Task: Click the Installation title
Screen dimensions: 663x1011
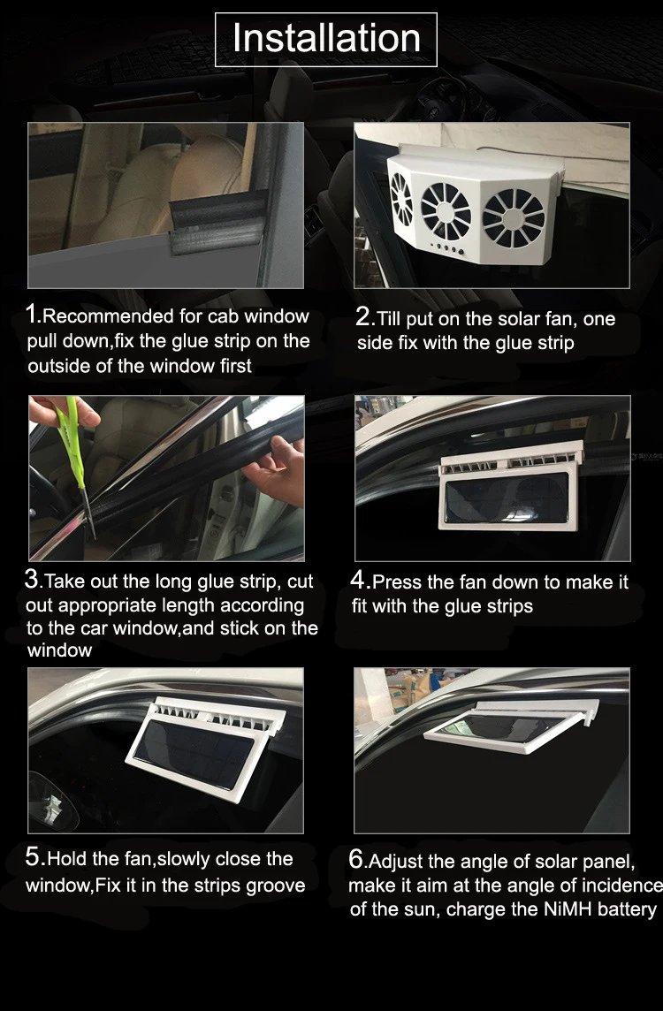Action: click(326, 38)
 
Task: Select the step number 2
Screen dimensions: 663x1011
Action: click(363, 316)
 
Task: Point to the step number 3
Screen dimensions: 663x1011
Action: click(32, 578)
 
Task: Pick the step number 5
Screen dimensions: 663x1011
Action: click(33, 856)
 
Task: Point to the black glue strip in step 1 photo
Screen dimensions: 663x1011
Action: click(218, 221)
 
